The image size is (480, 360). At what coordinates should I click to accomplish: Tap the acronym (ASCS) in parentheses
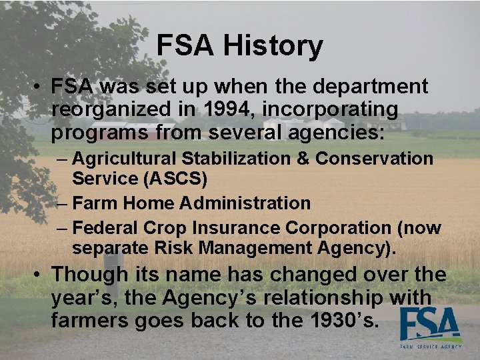(173, 179)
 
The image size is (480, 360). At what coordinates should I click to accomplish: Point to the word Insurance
(236, 228)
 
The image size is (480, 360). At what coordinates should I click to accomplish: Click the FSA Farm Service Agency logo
(431, 328)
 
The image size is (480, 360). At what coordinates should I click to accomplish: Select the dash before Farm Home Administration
(63, 203)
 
